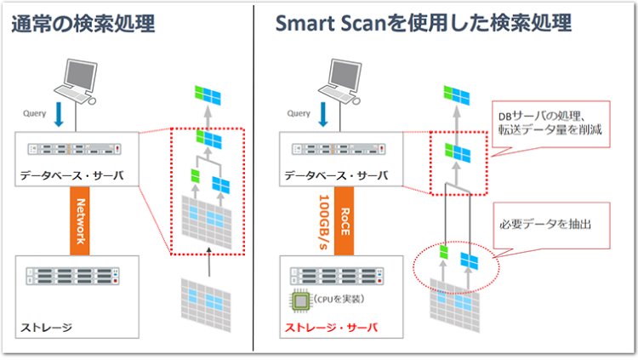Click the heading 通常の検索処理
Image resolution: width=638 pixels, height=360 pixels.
click(x=83, y=24)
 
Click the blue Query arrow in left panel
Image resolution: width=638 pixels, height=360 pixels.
click(x=60, y=113)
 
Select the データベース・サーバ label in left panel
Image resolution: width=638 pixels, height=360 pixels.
click(x=63, y=176)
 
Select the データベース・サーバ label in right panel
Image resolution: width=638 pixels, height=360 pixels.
click(x=329, y=176)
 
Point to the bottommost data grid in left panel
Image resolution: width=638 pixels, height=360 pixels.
click(x=206, y=301)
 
